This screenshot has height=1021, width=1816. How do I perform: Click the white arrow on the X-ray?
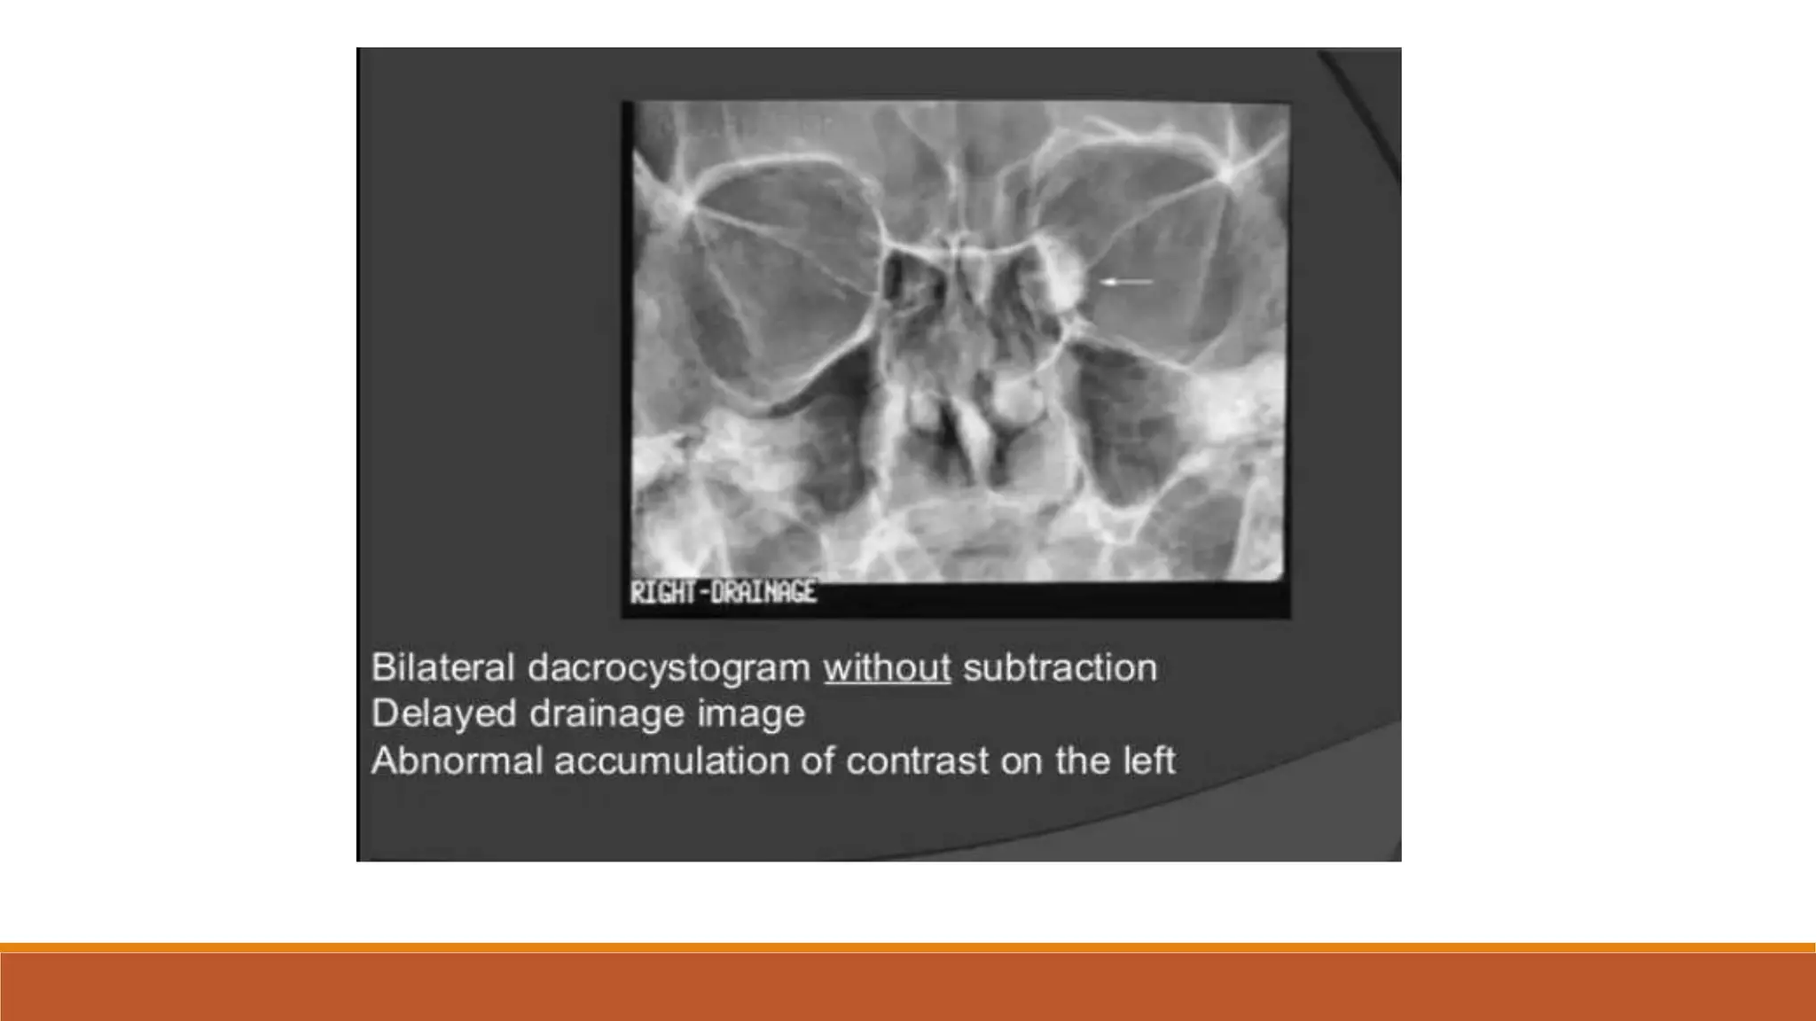pyautogui.click(x=1126, y=282)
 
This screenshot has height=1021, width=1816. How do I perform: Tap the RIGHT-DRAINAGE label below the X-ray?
pyautogui.click(x=723, y=592)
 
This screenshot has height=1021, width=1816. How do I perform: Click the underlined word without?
pyautogui.click(x=887, y=668)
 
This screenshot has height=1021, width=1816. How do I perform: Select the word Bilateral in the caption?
pyautogui.click(x=442, y=668)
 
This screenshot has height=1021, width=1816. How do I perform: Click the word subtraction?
pyautogui.click(x=1060, y=668)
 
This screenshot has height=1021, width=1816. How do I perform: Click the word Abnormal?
pyautogui.click(x=456, y=760)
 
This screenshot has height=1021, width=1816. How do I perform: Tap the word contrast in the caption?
pyautogui.click(x=917, y=760)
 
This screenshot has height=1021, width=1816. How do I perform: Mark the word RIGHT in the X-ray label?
pyautogui.click(x=662, y=592)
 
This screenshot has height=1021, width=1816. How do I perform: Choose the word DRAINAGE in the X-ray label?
pyautogui.click(x=763, y=592)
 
